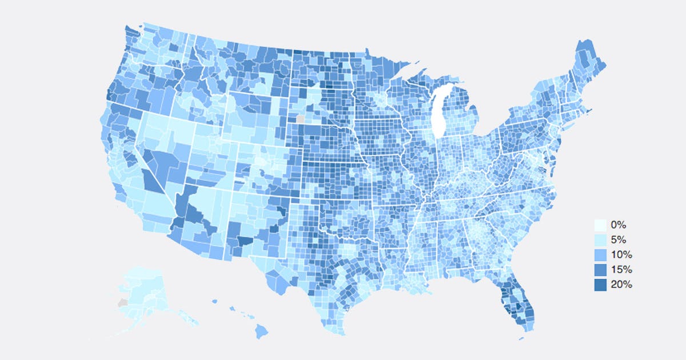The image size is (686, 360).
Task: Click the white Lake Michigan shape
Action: coord(438,114)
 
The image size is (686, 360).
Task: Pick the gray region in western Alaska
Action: coord(121,302)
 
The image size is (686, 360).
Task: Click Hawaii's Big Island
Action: coord(261,330)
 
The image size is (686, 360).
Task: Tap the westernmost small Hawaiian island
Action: coord(214,301)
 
